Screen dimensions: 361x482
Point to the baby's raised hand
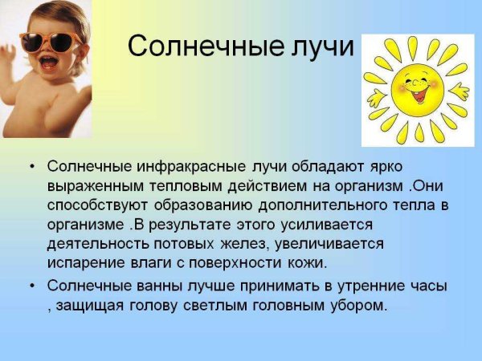click(x=10, y=57)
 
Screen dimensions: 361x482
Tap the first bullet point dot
click(x=31, y=167)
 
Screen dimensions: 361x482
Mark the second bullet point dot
click(x=31, y=286)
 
